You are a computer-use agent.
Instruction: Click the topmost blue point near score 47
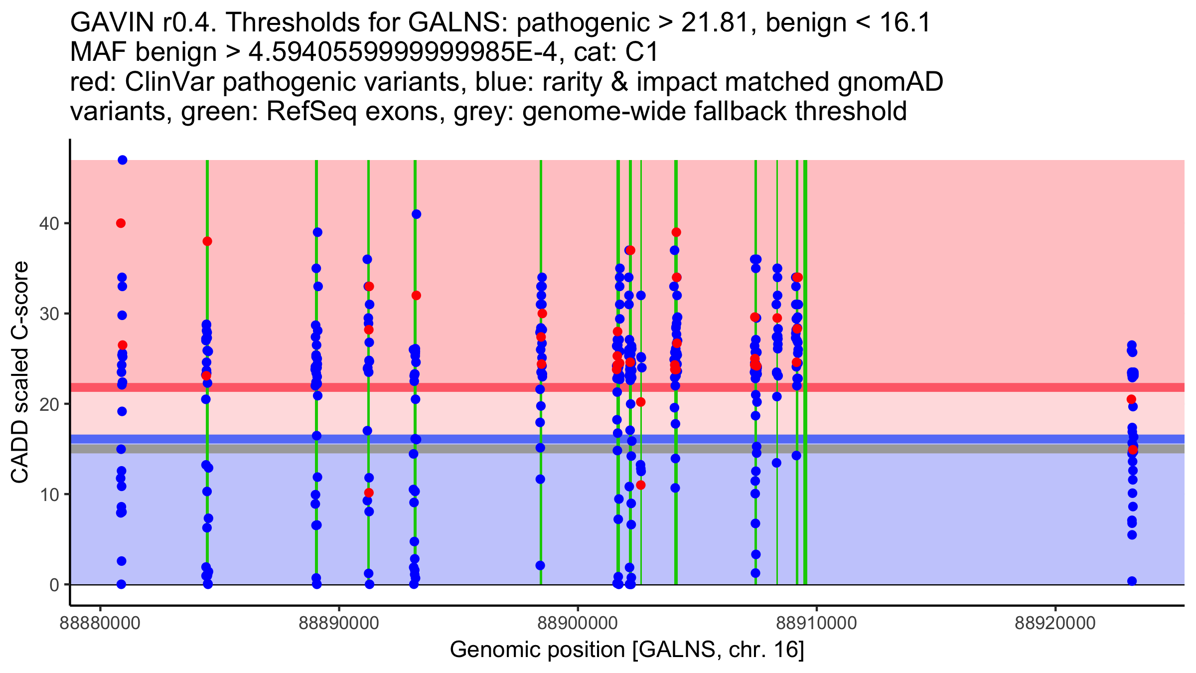123,160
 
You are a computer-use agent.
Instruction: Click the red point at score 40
121,223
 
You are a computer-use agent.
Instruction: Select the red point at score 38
207,241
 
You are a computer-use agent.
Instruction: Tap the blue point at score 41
417,214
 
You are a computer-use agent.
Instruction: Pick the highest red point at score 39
676,232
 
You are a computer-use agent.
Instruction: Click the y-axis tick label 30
49,314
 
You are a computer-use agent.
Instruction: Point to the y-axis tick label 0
54,585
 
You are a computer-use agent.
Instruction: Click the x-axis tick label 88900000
578,623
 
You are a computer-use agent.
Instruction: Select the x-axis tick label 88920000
1055,623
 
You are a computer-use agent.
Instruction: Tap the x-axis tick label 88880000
100,623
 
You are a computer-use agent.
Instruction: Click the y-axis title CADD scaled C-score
20,372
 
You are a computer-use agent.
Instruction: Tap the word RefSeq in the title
311,112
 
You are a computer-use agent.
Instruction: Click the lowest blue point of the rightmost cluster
1132,581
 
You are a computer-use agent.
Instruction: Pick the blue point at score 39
317,232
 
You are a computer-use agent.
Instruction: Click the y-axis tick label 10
49,495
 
